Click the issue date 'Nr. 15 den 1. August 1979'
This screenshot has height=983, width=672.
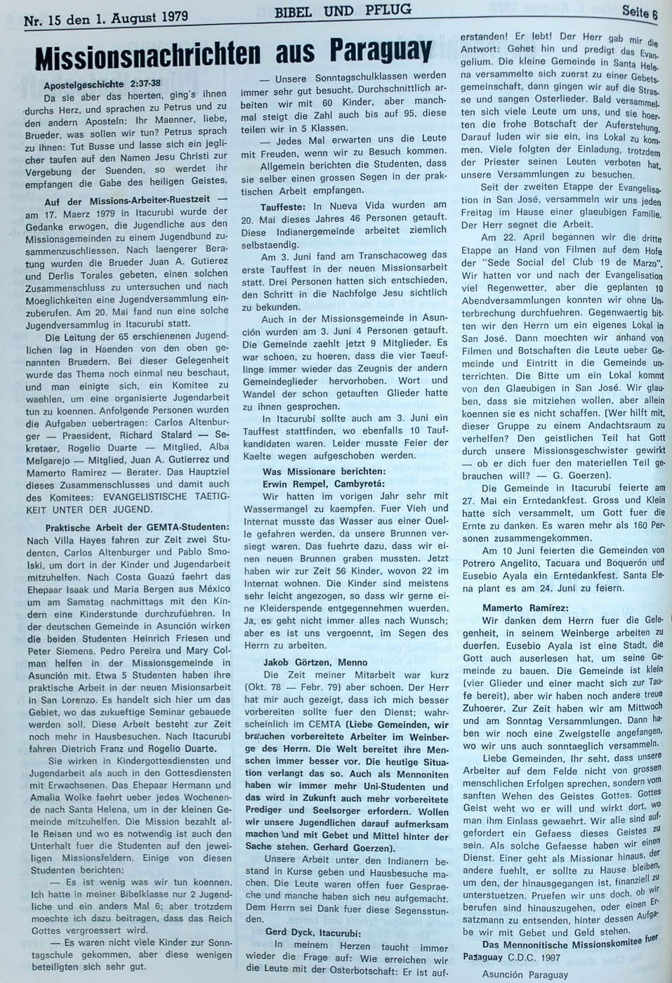pos(105,16)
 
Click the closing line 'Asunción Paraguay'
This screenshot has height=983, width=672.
pos(525,974)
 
